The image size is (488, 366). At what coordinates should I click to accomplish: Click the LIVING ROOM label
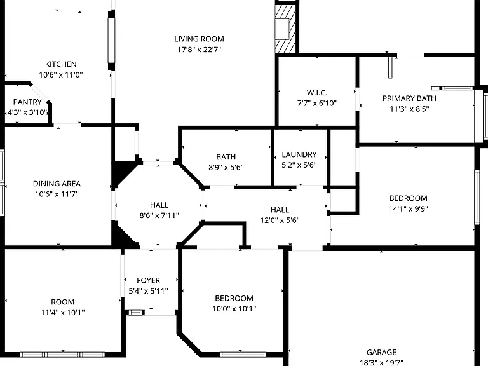[x=199, y=39]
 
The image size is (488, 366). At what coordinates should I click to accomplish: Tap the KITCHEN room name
[x=61, y=64]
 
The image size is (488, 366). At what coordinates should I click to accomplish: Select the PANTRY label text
[x=27, y=102]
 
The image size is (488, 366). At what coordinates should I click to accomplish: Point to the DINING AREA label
[x=57, y=184]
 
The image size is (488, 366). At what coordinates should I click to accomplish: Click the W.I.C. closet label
[x=317, y=93]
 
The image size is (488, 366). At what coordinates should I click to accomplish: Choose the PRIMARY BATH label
[x=409, y=98]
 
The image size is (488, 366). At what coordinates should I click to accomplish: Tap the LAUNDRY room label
[x=299, y=154]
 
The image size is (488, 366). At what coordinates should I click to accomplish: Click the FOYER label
[x=149, y=280]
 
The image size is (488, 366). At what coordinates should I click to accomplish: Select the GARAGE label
[x=381, y=352]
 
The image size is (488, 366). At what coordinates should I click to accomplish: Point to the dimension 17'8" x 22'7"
[x=199, y=50]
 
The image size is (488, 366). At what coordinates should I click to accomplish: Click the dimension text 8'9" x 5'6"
[x=226, y=168]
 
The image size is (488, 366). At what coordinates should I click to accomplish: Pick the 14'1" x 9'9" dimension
[x=409, y=209]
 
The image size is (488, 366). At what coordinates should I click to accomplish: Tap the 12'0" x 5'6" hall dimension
[x=280, y=220]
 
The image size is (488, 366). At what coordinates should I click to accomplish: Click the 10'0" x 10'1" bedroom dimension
[x=234, y=309]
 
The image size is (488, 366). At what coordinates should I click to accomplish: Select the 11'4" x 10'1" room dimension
[x=62, y=313]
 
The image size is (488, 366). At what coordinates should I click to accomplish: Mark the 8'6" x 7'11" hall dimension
[x=159, y=215]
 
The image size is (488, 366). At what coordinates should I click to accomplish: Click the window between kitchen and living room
[x=111, y=41]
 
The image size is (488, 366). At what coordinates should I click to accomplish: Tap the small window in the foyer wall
[x=137, y=313]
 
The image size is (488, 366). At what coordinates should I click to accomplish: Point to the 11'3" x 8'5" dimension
[x=409, y=109]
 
